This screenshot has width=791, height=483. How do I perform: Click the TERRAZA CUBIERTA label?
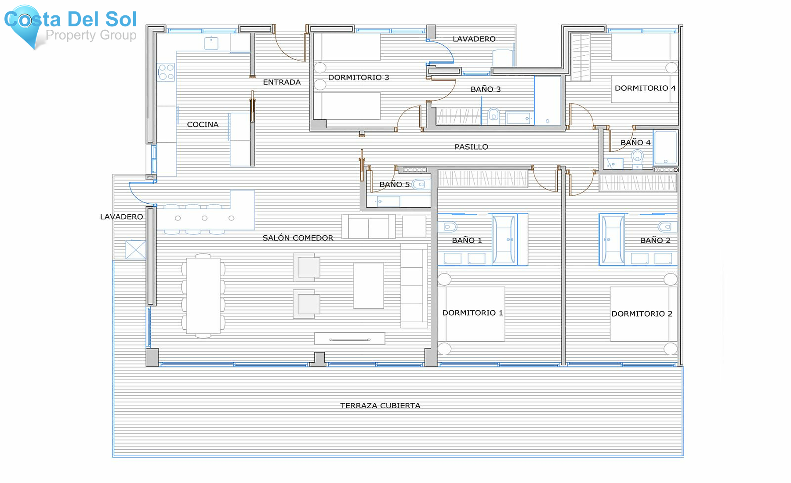click(x=380, y=406)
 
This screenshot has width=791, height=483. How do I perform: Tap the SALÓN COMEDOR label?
click(x=298, y=238)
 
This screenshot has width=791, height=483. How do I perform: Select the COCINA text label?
click(x=203, y=125)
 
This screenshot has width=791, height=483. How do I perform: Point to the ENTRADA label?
click(x=282, y=82)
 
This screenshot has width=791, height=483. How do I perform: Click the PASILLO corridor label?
click(x=471, y=147)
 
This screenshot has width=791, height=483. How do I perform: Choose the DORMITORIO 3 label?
click(x=359, y=78)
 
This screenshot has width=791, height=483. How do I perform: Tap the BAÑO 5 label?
click(x=394, y=184)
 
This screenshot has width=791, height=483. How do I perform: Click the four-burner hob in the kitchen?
click(x=166, y=72)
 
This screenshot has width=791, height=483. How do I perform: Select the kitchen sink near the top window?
click(x=211, y=43)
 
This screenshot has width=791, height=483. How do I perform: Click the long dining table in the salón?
click(x=203, y=296)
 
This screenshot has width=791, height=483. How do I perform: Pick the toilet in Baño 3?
click(x=493, y=115)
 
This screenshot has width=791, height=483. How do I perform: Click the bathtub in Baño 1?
click(x=504, y=240)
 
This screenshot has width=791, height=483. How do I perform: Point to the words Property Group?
click(x=91, y=35)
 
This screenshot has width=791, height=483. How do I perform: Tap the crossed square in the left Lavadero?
click(x=135, y=249)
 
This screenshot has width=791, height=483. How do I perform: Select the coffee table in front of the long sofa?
click(x=368, y=285)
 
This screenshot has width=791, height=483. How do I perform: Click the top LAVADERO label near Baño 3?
click(x=474, y=39)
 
